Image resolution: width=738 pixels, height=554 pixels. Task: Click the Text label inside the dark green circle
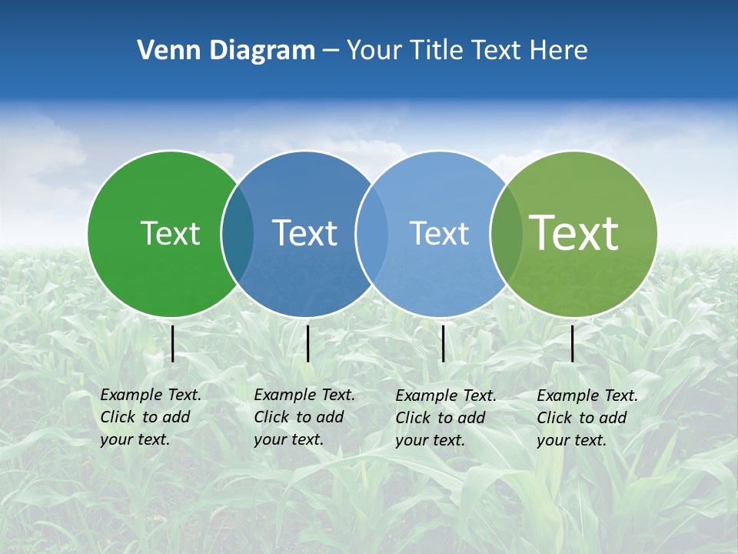click(x=170, y=233)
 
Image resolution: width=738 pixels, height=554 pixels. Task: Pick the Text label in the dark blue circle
click(x=304, y=233)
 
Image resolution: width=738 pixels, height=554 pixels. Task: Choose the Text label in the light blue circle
click(x=439, y=233)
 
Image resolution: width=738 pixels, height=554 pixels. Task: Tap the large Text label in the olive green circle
click(x=573, y=233)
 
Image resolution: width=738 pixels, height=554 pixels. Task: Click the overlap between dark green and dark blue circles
click(x=238, y=233)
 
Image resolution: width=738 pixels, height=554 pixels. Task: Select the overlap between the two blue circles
click(x=372, y=233)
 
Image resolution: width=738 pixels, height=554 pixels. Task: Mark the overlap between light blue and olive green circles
click(x=507, y=233)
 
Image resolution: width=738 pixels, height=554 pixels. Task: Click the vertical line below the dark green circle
click(x=173, y=343)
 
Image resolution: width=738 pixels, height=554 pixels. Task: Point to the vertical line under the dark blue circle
click(x=307, y=343)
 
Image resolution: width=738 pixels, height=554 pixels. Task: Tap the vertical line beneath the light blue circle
click(x=444, y=343)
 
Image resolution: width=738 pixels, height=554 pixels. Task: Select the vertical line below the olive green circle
click(x=573, y=343)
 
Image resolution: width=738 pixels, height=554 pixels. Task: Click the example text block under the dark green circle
click(x=150, y=417)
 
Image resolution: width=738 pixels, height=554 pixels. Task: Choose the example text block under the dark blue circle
click(x=304, y=417)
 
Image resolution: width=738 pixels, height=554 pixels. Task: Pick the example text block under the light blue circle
click(x=445, y=418)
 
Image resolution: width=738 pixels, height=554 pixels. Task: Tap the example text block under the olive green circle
click(x=587, y=418)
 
